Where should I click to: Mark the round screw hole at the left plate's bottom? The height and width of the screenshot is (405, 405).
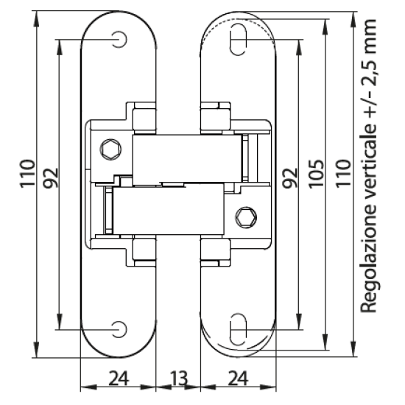[x=118, y=327]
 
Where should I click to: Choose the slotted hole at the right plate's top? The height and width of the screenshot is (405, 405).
[x=239, y=39]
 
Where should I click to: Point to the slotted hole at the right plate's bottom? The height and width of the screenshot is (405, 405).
[x=239, y=326]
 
